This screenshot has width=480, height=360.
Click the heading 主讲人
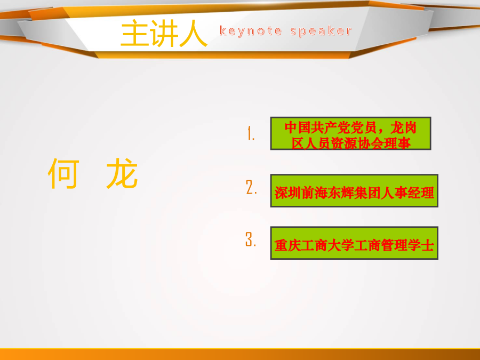click(x=164, y=34)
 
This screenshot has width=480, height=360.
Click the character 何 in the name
click(x=63, y=173)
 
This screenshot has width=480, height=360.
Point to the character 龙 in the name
click(x=122, y=173)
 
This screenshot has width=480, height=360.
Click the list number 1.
click(x=251, y=133)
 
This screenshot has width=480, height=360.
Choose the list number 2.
click(x=251, y=187)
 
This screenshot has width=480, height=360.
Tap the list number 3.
click(x=251, y=239)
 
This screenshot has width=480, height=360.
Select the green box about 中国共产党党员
click(x=350, y=133)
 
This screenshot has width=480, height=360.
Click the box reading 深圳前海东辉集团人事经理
click(x=354, y=190)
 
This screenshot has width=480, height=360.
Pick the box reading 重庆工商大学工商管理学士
click(x=354, y=243)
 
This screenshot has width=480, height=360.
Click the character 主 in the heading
click(x=134, y=34)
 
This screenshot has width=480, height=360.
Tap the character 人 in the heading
click(x=193, y=34)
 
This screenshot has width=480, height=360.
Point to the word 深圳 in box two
click(x=288, y=193)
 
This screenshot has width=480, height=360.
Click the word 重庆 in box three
click(x=288, y=245)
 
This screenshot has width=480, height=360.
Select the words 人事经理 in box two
click(x=407, y=193)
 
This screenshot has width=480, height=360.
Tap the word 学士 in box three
click(x=421, y=245)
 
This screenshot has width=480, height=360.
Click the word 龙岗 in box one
click(x=404, y=127)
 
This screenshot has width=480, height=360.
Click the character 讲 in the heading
click(x=164, y=34)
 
